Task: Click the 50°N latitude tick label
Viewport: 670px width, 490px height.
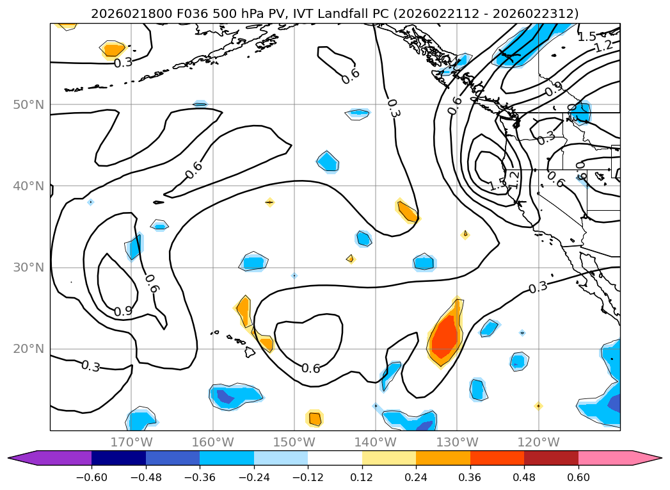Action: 28,104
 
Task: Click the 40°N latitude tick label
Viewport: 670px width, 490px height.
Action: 28,186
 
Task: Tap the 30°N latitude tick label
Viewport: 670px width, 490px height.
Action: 28,268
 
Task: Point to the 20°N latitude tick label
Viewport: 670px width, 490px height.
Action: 28,349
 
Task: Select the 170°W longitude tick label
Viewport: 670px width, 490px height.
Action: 131,442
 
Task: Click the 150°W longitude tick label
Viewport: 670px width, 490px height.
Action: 294,442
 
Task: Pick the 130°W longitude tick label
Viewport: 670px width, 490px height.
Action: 457,442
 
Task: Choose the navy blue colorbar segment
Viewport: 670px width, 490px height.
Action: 118,457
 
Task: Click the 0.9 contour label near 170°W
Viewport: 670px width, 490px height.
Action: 123,311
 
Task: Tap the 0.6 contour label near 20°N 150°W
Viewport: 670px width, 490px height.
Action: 310,368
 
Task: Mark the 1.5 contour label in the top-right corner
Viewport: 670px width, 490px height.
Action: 587,37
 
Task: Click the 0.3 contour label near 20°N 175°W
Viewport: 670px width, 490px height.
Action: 90,366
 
